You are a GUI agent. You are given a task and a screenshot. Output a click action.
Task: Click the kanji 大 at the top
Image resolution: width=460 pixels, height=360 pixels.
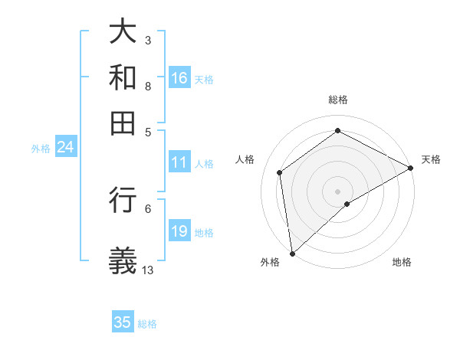point(123,31)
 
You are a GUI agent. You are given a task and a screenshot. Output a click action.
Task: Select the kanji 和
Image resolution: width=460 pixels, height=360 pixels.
point(123,77)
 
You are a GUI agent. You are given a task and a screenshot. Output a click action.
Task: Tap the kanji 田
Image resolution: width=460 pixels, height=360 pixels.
point(123,123)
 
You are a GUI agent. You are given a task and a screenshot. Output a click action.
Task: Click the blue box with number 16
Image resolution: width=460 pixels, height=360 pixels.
point(179,78)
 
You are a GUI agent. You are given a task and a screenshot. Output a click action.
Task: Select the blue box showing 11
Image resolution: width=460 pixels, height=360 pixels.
point(179,163)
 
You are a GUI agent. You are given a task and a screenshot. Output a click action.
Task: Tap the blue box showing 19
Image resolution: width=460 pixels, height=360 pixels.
point(179,232)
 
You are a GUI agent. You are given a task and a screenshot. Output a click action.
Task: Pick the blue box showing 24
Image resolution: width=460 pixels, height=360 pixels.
point(65,148)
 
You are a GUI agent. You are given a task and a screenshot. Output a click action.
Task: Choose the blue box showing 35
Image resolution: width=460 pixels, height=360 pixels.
point(123,322)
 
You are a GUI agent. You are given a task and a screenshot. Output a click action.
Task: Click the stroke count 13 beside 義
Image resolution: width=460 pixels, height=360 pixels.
point(148,270)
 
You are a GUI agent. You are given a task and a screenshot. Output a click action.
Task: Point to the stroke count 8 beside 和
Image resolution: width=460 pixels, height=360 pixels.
point(147,86)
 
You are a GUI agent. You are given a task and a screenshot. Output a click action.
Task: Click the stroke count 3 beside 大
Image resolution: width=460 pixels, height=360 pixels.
point(147,40)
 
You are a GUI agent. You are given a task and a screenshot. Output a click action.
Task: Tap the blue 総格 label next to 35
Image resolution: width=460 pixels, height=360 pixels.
point(147,324)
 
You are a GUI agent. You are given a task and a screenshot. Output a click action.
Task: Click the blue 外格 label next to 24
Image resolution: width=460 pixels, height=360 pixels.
point(41,149)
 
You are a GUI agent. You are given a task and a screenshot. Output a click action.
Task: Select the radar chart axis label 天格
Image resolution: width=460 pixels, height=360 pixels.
point(431,159)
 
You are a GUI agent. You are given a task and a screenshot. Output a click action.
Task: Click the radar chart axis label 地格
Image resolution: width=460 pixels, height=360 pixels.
point(402,262)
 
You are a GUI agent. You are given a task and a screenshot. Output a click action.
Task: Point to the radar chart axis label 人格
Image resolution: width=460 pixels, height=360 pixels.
point(245,159)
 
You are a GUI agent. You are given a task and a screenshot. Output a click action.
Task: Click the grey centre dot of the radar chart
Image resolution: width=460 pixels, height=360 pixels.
point(337,191)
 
